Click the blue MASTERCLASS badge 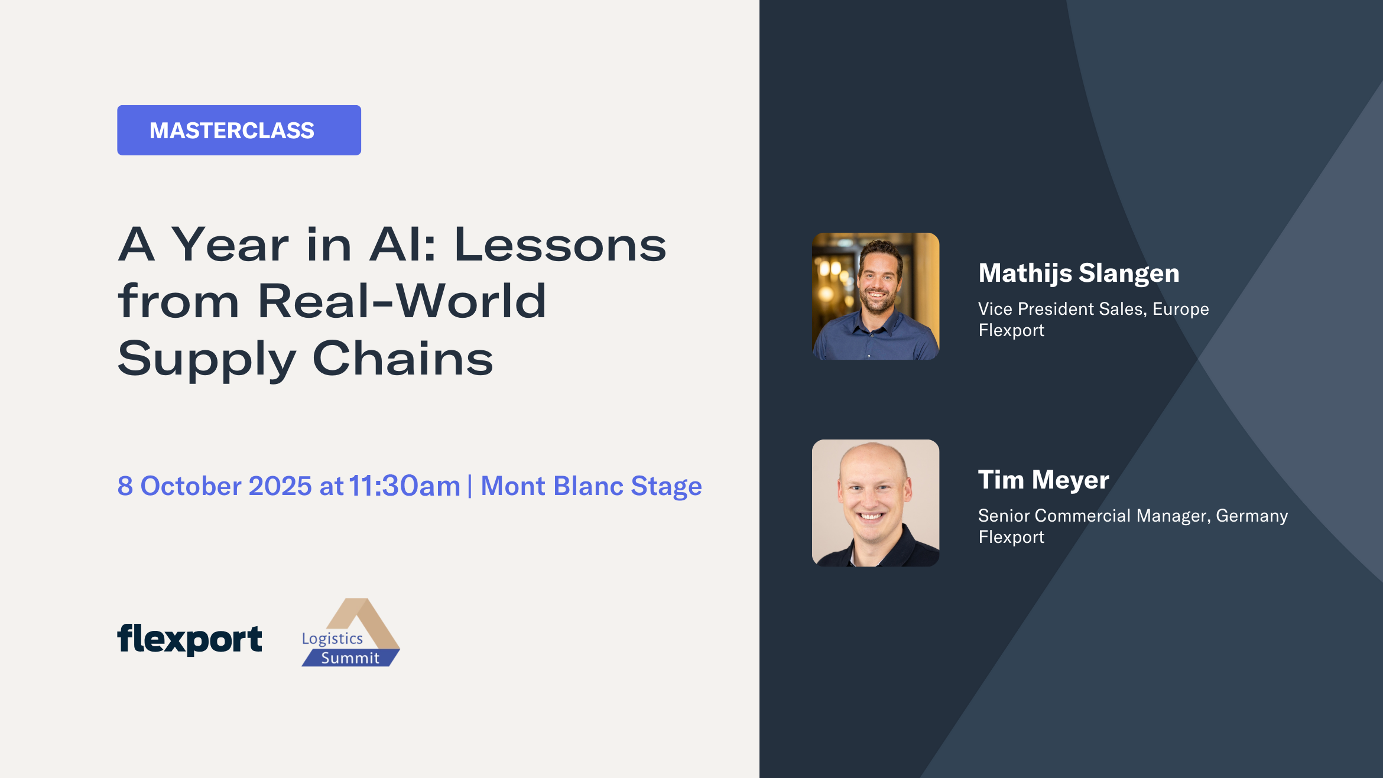pos(239,131)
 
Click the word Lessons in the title pos(560,245)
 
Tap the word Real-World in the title pos(402,301)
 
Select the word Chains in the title pos(402,358)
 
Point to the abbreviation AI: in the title pos(402,245)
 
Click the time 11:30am pos(404,486)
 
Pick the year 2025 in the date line pos(280,486)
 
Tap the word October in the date pos(191,486)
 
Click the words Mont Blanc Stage pos(591,486)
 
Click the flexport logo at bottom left pos(190,639)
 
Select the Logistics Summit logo pos(350,633)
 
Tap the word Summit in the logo pos(350,658)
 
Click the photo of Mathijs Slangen pos(875,296)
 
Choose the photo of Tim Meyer pos(875,503)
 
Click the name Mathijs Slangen pos(1079,273)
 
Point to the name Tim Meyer pos(1043,480)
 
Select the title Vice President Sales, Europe pos(1093,309)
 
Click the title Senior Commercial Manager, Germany pos(1133,516)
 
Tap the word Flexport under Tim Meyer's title pos(1011,537)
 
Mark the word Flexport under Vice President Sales pos(1011,330)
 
